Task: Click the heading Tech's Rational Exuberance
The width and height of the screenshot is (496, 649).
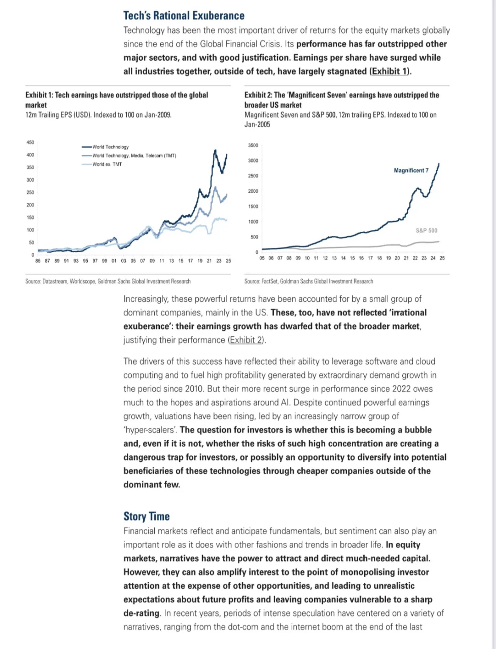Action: (x=184, y=15)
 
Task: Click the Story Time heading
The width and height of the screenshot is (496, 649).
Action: (x=147, y=516)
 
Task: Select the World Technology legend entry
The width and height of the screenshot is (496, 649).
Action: (x=110, y=147)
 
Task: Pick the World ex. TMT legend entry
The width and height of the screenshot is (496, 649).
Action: (x=107, y=164)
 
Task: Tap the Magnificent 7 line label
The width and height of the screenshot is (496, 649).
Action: (x=411, y=170)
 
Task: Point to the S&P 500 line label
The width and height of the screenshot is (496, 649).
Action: (x=427, y=230)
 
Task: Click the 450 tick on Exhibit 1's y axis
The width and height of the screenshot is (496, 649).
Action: (x=30, y=142)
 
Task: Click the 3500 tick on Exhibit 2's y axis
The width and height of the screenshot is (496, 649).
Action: (x=253, y=145)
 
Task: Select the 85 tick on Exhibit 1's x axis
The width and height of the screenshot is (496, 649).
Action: (x=38, y=261)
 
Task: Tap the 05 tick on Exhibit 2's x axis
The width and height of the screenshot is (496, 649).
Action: (x=262, y=258)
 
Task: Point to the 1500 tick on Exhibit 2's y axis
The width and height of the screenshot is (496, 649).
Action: (x=253, y=207)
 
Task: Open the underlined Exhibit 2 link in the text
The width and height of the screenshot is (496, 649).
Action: (x=246, y=340)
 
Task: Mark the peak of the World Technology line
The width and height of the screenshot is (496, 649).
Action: (x=215, y=150)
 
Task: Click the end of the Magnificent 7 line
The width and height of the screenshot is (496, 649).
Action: (x=439, y=163)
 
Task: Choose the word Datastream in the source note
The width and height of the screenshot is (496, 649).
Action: (x=55, y=281)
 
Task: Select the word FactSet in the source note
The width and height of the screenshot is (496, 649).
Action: (x=270, y=281)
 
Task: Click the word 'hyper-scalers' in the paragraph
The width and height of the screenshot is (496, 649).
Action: (x=150, y=430)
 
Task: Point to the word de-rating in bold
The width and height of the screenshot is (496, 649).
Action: (x=141, y=613)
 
